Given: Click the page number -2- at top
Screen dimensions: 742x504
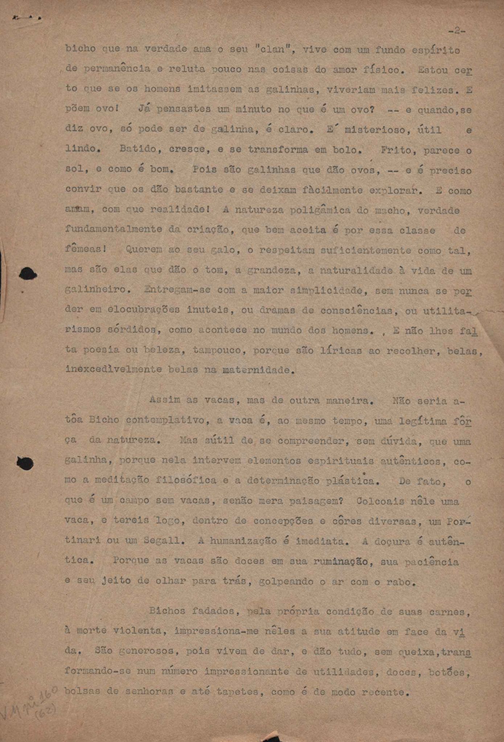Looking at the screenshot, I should (456, 32).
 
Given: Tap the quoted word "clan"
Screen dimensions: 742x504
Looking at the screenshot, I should (270, 49).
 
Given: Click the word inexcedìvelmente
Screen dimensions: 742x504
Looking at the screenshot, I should (114, 370).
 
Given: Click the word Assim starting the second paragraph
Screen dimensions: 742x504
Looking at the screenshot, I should (165, 400).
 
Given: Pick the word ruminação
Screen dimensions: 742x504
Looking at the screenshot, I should (341, 561).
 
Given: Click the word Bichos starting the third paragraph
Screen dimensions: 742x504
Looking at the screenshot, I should (167, 611).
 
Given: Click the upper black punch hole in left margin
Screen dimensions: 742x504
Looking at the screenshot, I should (28, 274).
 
